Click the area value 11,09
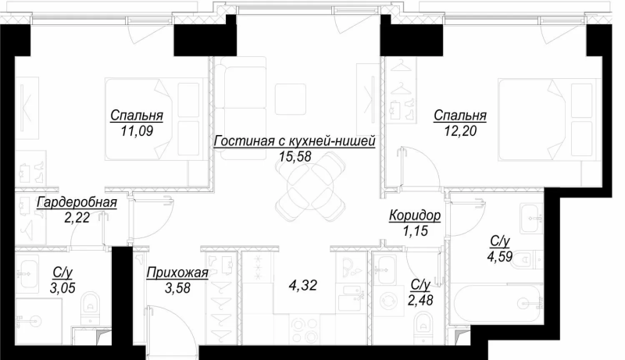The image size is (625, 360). tap(136, 130)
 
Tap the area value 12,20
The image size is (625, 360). tap(460, 130)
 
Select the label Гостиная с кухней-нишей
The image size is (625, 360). tap(295, 141)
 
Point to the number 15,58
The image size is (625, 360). tap(295, 156)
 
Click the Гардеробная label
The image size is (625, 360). tap(77, 203)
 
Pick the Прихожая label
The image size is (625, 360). tap(177, 273)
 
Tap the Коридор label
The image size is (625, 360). tap(415, 216)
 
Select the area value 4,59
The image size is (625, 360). tap(500, 257)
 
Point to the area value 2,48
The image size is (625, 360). tap(420, 299)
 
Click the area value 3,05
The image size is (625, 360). tap(62, 287)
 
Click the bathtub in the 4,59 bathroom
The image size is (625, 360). tap(495, 304)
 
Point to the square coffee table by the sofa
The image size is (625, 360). tap(291, 98)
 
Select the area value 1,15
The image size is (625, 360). tap(415, 231)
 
